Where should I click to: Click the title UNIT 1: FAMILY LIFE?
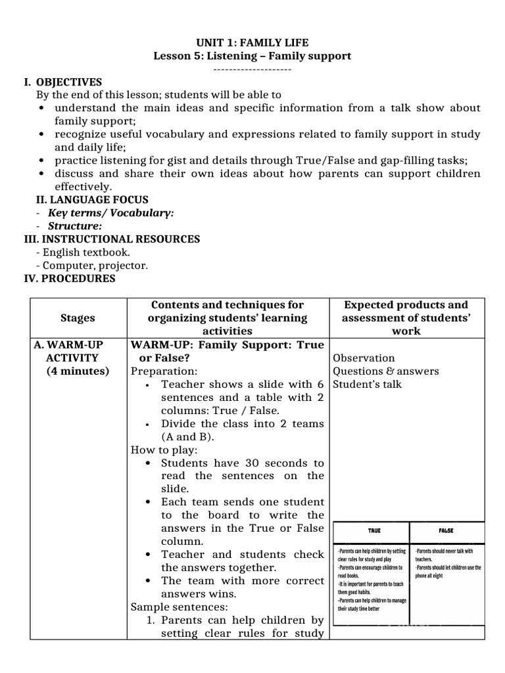pos(252,43)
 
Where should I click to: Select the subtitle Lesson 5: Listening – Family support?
pos(252,57)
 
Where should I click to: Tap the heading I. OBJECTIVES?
pos(63,82)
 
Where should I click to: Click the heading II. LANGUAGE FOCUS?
pos(91,200)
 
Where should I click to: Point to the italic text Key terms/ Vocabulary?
pos(110,213)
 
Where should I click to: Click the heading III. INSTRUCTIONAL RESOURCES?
pos(112,239)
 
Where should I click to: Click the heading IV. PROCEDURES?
pos(70,279)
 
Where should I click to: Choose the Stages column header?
pos(78,318)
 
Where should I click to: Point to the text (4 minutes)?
pos(78,371)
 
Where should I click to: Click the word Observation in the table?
pos(364,358)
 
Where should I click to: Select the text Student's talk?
pos(367,384)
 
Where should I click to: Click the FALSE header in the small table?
pos(446,531)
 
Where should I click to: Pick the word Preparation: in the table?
pos(164,371)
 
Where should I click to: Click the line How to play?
pos(164,450)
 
